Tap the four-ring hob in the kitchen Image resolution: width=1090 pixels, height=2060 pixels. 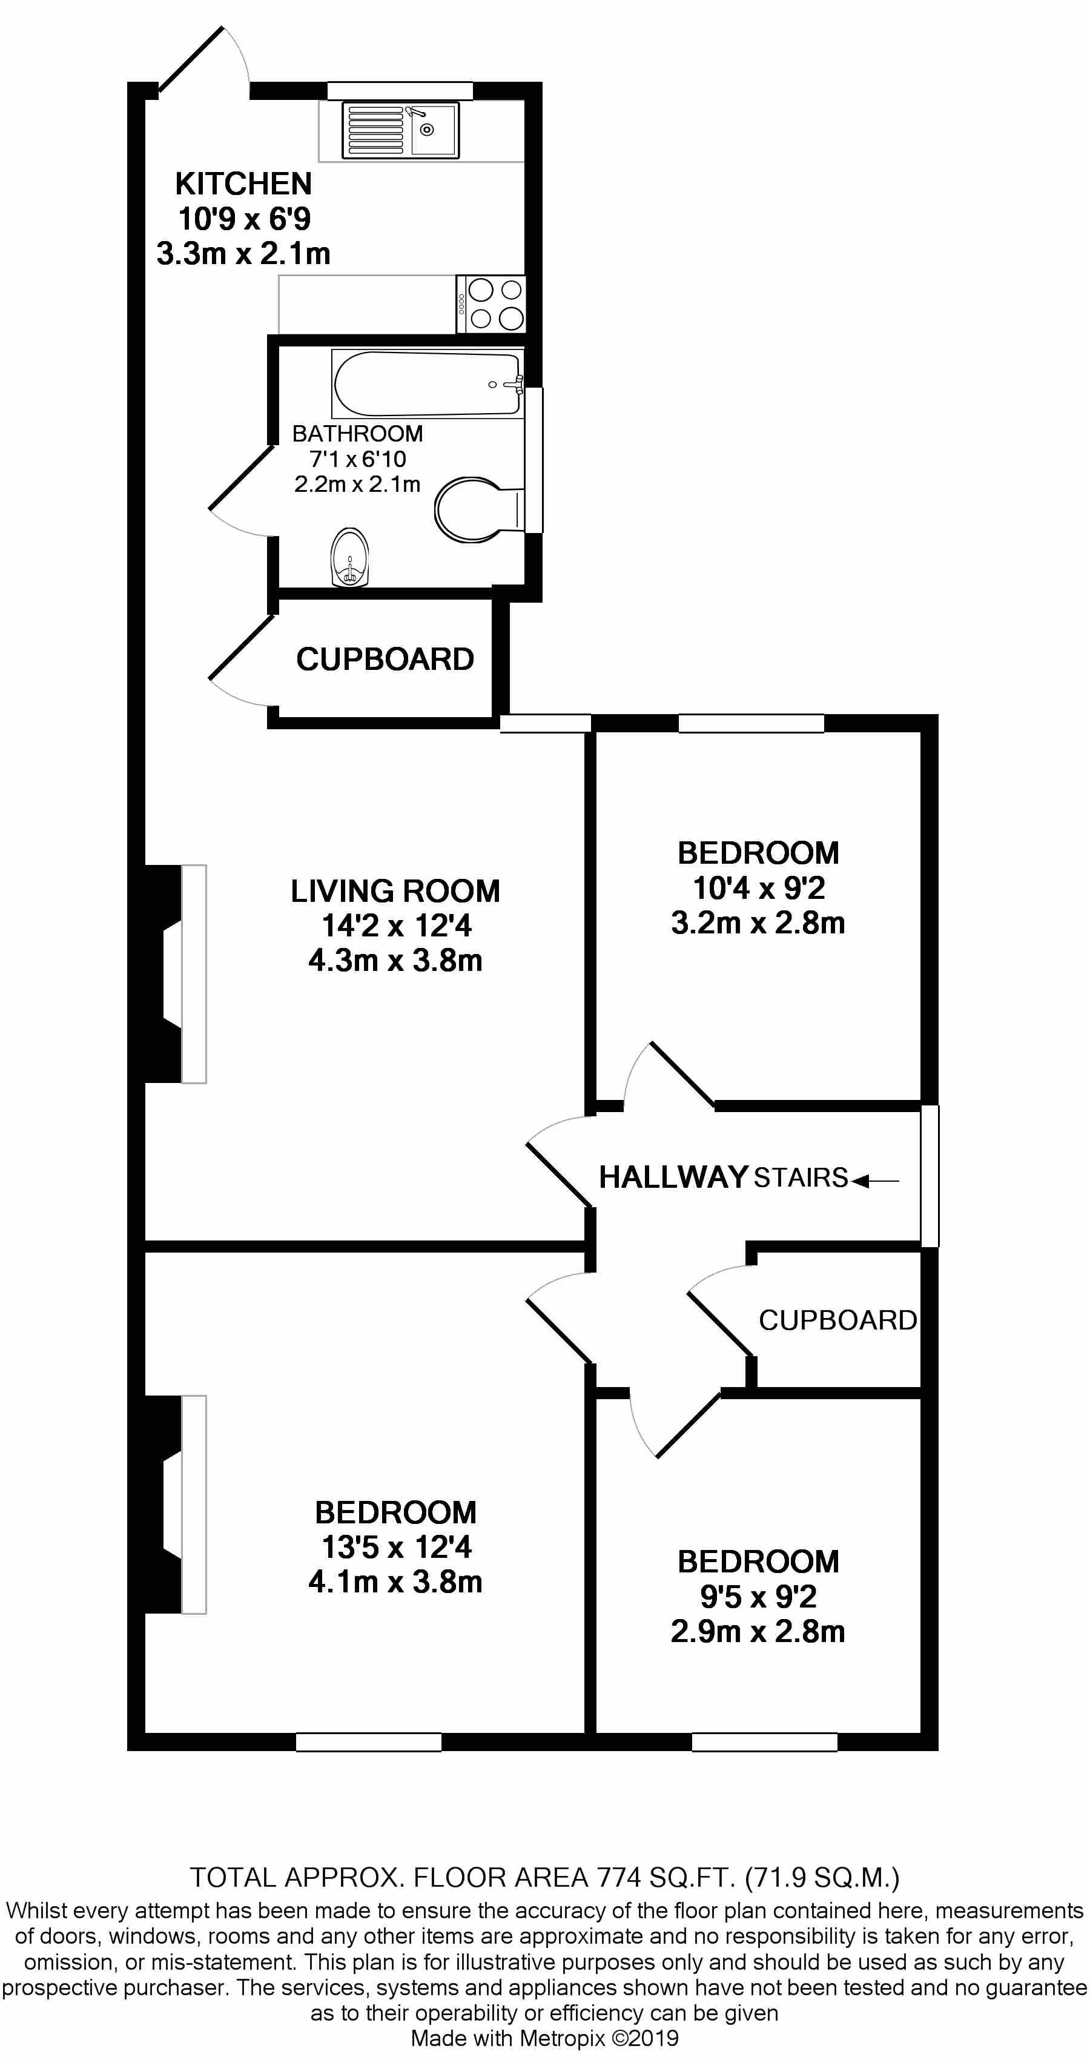coord(491,304)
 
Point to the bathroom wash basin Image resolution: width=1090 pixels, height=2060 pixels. coord(350,557)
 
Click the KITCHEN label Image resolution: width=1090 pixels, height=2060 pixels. coord(243,184)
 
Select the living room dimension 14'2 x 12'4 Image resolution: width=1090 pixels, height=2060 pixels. coord(396,926)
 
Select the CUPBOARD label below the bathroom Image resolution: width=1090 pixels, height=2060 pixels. coord(385,659)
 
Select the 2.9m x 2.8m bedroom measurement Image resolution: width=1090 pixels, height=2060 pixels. coord(758,1631)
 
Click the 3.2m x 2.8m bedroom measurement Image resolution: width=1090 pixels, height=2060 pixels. coord(758,923)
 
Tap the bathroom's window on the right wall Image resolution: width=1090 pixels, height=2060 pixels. coord(534,460)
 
